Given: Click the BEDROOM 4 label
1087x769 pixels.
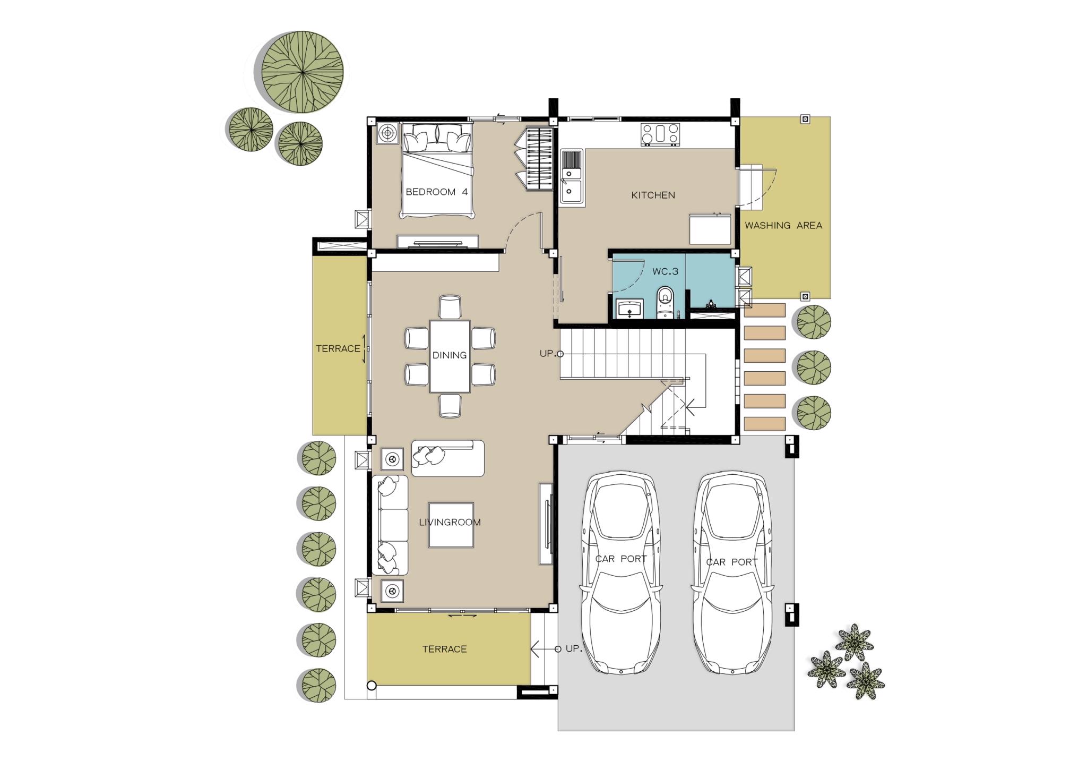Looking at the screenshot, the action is pos(436,192).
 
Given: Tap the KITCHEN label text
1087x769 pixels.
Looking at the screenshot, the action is pos(653,195).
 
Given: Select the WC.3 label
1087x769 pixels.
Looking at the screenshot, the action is pos(665,271).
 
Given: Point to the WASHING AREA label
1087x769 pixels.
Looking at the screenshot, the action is pos(783,225).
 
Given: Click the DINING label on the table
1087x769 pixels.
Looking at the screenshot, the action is pos(450,355).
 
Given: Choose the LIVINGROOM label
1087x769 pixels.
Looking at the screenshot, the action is pos(450,522).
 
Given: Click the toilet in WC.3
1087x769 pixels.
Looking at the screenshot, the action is pos(665,302).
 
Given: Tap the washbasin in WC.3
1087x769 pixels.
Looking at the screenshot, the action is pos(630,309).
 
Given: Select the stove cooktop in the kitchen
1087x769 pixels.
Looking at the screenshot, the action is pos(660,134).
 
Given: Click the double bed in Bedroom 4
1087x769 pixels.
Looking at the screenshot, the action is pos(437,170).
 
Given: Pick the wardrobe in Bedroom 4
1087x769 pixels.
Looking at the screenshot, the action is pos(539,158).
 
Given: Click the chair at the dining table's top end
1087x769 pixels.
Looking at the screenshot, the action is pos(450,307).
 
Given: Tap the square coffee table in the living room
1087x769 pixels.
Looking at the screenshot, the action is pos(451,525).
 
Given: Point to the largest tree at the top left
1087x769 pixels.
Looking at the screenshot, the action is pos(303,72).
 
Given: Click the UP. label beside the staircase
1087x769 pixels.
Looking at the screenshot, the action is pos(547,354).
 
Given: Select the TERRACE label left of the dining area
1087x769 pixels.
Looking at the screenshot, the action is pos(338,349).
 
